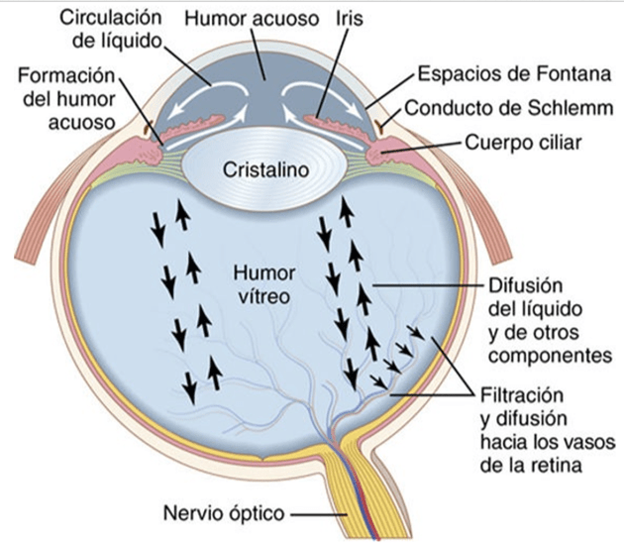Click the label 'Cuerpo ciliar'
(x=522, y=143)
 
